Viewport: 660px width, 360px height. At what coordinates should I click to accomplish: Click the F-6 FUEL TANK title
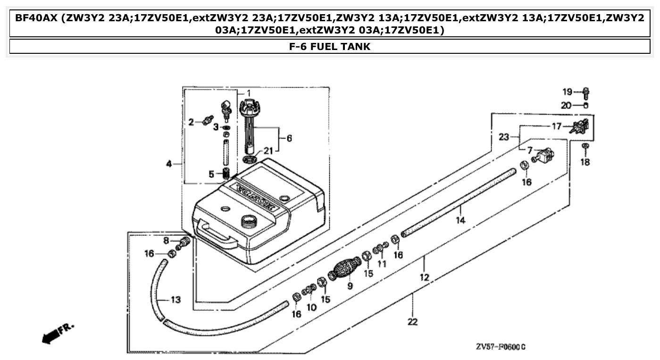(x=330, y=46)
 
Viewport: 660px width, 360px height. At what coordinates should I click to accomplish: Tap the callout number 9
(x=350, y=285)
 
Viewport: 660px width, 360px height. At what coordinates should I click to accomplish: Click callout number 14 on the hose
(x=460, y=220)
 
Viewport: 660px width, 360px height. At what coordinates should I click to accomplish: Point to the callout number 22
(x=412, y=322)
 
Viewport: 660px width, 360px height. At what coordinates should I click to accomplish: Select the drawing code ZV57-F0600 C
(x=501, y=347)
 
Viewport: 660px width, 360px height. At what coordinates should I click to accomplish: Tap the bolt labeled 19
(x=586, y=92)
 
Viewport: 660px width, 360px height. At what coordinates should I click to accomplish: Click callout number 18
(x=585, y=162)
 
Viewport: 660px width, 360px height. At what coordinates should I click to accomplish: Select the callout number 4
(x=169, y=164)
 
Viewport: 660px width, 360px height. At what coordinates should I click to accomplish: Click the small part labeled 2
(x=206, y=120)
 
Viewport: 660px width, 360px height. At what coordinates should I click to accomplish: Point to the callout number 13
(x=175, y=300)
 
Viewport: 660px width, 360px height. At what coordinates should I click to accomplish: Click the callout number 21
(x=268, y=151)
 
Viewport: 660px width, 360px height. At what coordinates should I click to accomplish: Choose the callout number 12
(x=425, y=277)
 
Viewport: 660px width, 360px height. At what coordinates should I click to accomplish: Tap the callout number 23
(x=504, y=137)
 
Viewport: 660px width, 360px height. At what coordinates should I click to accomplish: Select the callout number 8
(x=166, y=241)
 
